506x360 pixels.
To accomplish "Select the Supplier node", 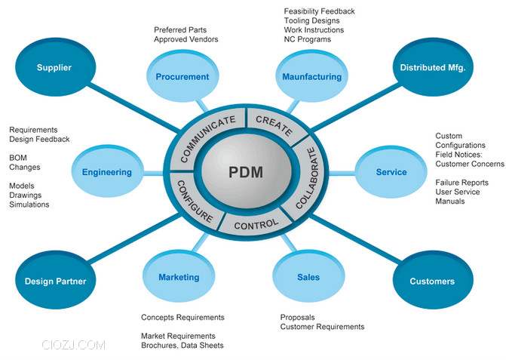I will (54, 68).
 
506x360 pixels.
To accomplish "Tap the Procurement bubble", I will (182, 76).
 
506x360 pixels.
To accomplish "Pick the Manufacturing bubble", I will (311, 76).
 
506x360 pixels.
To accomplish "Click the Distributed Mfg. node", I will (432, 68).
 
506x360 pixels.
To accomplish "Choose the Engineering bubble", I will (107, 172).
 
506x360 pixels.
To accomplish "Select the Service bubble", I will (391, 172).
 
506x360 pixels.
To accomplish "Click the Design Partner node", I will (55, 282).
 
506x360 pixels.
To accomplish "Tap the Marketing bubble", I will (179, 277).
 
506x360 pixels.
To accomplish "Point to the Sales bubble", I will (308, 277).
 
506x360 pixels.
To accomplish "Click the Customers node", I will (432, 282).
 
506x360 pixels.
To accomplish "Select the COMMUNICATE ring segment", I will (207, 136).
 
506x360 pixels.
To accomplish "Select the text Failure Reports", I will (462, 183).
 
